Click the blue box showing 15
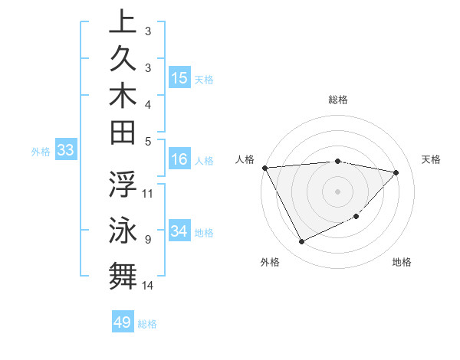click(179, 78)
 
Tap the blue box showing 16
click(179, 159)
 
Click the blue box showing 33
click(66, 151)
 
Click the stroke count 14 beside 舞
click(148, 286)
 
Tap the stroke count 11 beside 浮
click(148, 193)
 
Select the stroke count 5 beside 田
click(147, 141)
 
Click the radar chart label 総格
click(338, 100)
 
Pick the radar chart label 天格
click(432, 159)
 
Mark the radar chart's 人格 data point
click(264, 167)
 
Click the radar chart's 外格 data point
click(301, 242)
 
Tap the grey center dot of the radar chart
click(338, 191)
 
